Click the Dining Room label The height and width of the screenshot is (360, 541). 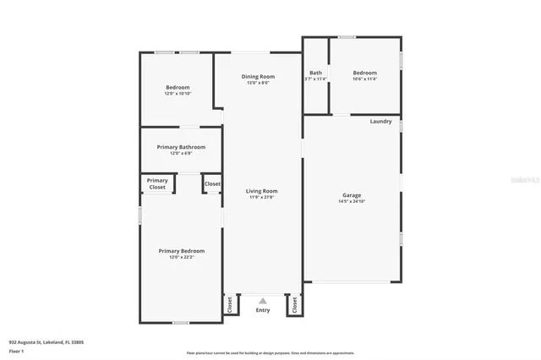(259, 77)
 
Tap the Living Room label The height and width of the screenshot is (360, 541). (262, 191)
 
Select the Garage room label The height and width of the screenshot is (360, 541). (352, 195)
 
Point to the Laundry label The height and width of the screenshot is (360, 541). (380, 122)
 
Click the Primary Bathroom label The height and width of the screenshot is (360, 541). (181, 147)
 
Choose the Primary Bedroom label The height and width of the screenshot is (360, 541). (182, 251)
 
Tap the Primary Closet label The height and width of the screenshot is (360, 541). (157, 183)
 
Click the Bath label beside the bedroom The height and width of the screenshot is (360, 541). (315, 73)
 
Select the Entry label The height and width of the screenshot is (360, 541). (263, 310)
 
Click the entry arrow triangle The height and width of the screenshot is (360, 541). (263, 300)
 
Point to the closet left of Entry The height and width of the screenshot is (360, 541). (229, 306)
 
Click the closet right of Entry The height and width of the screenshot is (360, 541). (294, 306)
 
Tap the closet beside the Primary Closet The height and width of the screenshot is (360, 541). (212, 183)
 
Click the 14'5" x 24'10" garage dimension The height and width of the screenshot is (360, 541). (352, 201)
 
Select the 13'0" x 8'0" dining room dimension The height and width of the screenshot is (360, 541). (259, 83)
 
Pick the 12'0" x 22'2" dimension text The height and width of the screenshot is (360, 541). (182, 257)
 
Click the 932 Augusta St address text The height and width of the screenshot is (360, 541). (46, 342)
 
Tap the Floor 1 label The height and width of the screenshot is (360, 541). (16, 351)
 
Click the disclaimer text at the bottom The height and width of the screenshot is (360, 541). (270, 353)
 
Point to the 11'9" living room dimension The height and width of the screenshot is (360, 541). (262, 197)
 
